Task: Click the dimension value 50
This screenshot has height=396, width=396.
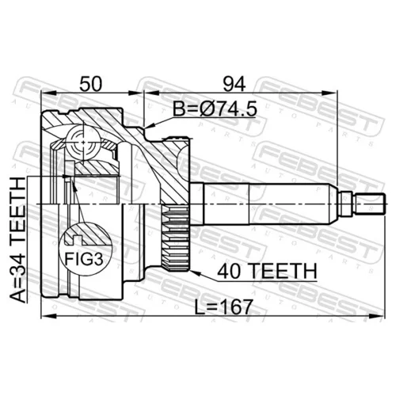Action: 90,83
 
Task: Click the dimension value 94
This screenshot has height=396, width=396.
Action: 234,83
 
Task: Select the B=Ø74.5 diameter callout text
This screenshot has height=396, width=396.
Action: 215,109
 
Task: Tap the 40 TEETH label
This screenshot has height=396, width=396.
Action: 267,271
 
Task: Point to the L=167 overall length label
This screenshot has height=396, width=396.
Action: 224,307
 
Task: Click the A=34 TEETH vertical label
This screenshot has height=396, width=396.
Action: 18,240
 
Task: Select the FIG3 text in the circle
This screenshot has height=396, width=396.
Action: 84,259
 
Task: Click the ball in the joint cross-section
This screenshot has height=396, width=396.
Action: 83,143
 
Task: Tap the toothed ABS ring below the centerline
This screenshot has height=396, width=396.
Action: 176,238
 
